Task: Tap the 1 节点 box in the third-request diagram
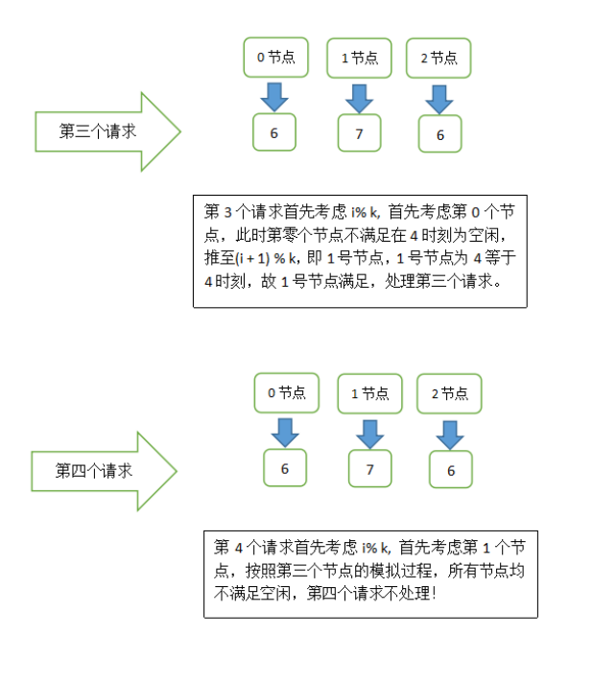(x=360, y=59)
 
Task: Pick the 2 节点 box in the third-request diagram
(x=439, y=59)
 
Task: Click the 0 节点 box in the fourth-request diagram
(x=286, y=393)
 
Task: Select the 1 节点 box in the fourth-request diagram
(x=369, y=393)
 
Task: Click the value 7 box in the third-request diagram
(x=359, y=134)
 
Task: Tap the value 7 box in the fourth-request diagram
(x=369, y=470)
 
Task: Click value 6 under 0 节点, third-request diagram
(x=274, y=133)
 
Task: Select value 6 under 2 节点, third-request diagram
(x=440, y=135)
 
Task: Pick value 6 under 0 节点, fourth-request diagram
(x=285, y=469)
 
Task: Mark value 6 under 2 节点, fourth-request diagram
(x=451, y=471)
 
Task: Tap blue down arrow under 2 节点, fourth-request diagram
(x=450, y=434)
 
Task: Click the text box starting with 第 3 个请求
(x=360, y=251)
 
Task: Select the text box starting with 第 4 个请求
(x=370, y=573)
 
